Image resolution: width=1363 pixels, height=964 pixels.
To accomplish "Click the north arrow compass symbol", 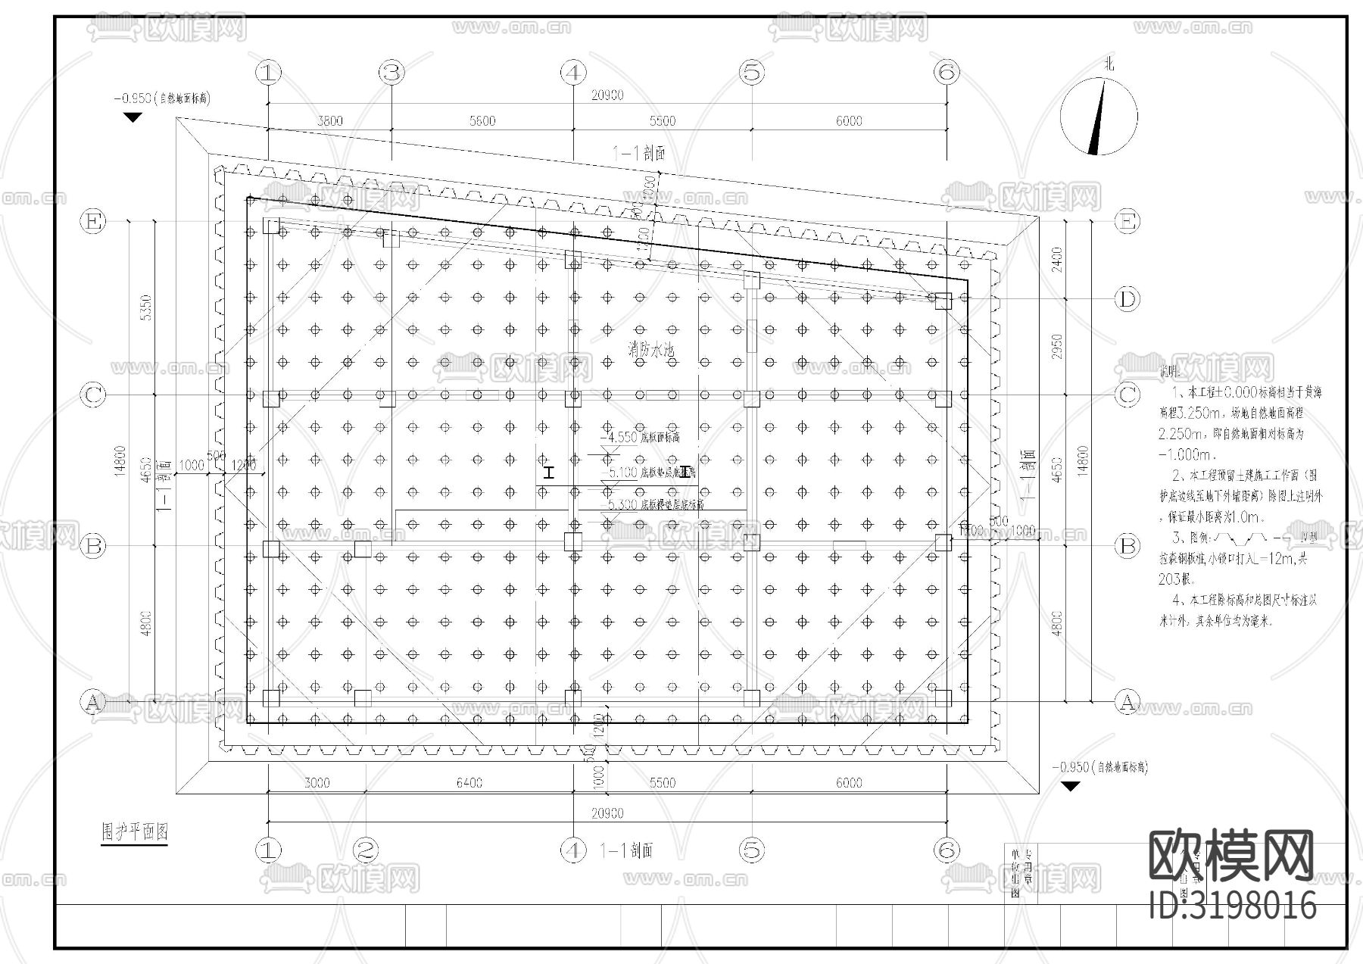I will tap(1098, 117).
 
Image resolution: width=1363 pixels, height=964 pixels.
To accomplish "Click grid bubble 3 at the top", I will tap(391, 73).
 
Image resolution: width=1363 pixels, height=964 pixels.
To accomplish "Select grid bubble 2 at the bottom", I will tap(365, 850).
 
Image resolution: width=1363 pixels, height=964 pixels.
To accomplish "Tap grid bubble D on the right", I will tap(1128, 300).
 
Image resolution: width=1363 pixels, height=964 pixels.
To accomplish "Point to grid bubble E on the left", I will tap(93, 221).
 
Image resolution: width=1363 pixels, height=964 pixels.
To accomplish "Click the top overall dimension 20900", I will tap(607, 95).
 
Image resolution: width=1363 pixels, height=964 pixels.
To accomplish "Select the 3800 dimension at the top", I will tap(329, 121).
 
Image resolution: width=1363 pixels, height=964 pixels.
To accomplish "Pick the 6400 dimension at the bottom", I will tap(469, 783).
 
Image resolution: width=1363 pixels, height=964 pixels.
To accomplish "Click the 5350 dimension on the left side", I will tap(147, 307).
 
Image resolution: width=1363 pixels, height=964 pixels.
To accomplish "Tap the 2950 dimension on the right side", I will tap(1057, 346).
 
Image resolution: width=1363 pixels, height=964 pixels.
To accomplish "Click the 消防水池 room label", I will tap(650, 349).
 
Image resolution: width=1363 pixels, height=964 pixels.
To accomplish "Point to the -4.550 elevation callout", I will tap(618, 438).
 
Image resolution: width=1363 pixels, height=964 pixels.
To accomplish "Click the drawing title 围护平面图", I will tap(135, 831).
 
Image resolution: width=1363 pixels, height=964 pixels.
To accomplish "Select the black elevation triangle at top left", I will tap(133, 117).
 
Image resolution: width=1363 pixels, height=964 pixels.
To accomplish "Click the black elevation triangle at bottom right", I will tap(1069, 787).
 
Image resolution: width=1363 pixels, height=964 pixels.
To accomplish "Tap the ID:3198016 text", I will tap(1232, 905).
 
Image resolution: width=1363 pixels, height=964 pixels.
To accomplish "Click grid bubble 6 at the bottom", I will tap(947, 850).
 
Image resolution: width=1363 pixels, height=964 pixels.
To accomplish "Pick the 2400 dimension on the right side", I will tap(1057, 260).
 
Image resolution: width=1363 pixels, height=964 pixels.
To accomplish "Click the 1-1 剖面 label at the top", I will tap(638, 154).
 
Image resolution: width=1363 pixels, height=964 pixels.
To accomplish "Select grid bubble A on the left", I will tap(92, 702).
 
